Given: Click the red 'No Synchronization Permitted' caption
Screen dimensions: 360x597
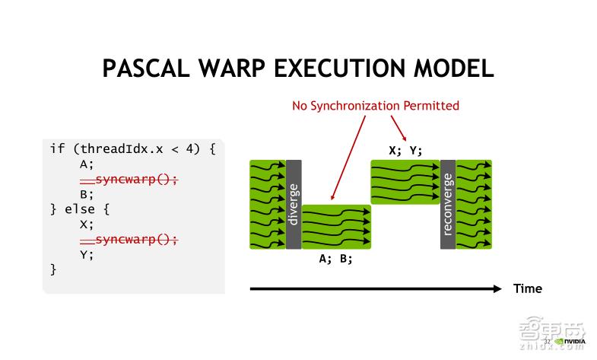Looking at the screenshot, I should (x=376, y=105).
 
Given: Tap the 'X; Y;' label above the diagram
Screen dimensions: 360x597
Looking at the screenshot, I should (x=405, y=150).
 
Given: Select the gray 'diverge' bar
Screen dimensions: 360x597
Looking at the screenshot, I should (x=294, y=204).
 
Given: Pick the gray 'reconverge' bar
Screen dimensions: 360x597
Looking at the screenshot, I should (x=447, y=204).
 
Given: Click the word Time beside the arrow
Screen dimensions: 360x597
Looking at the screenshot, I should (x=527, y=288).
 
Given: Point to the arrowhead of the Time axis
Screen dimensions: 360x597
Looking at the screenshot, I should (x=497, y=288).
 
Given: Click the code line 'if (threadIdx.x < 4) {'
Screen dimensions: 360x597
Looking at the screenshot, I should (x=133, y=148).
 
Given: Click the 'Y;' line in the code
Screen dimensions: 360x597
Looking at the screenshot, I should (x=86, y=254).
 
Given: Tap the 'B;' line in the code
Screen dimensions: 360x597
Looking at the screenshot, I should (x=86, y=194).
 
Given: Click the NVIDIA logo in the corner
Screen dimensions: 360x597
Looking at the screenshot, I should (x=570, y=341).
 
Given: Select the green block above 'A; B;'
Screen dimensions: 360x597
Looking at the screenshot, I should (x=336, y=226).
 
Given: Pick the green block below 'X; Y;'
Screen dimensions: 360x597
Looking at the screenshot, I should (x=405, y=182).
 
